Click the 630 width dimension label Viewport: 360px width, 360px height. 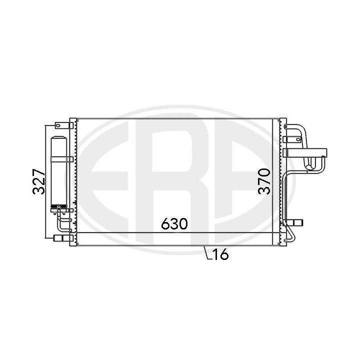tap(174, 223)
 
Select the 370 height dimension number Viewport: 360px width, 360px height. tap(264, 181)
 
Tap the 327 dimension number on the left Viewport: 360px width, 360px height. tap(38, 181)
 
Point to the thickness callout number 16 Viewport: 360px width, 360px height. tap(220, 254)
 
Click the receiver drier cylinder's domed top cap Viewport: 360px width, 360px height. tap(59, 138)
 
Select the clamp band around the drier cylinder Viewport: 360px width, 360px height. tap(62, 159)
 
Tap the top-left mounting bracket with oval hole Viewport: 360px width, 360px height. tap(64, 125)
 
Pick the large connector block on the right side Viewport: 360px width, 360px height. tap(305, 153)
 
